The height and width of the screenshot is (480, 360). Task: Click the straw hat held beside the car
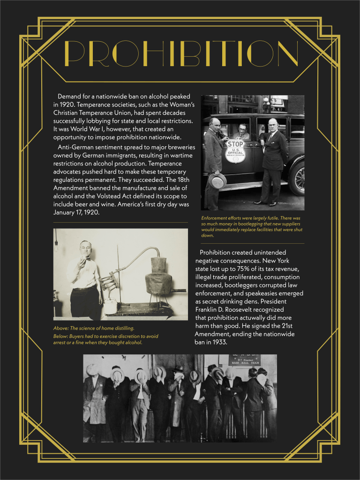(217, 180)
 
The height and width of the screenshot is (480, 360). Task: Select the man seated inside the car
(242, 132)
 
